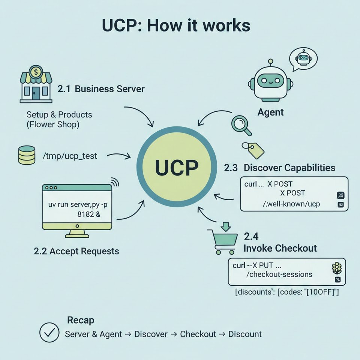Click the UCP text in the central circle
[x=176, y=168]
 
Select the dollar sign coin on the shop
[x=36, y=71]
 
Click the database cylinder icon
[x=27, y=156]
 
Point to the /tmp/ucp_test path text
[x=70, y=156]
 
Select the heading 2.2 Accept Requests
[x=76, y=251]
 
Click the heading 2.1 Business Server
[x=101, y=89]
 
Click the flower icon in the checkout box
[x=337, y=268]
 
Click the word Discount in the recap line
[x=245, y=334]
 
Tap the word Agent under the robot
[x=270, y=112]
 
